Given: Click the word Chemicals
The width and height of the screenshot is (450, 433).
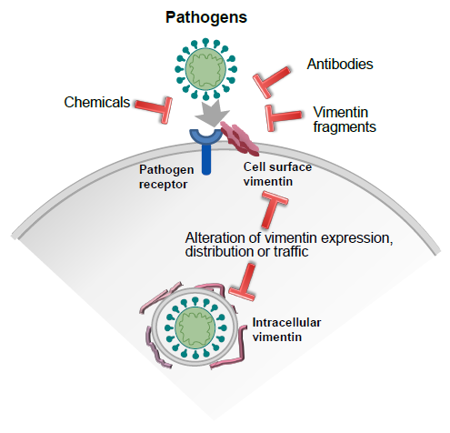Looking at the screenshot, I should click(x=96, y=101).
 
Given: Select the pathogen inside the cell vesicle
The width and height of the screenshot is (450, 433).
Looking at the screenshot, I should click(x=197, y=327).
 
